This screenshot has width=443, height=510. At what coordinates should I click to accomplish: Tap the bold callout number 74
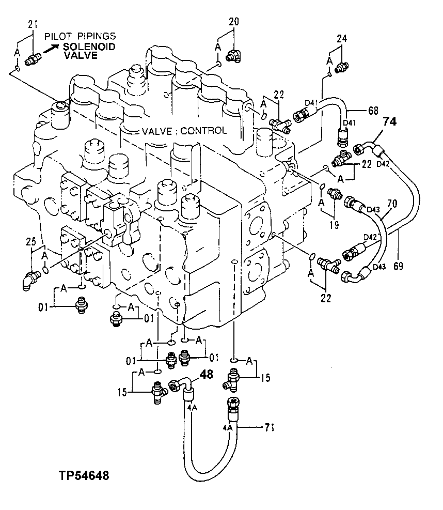point(390,122)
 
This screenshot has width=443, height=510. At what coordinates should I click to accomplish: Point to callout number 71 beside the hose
point(270,427)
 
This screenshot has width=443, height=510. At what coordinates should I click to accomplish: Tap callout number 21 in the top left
point(33,24)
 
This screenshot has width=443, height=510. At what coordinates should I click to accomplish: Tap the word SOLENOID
point(89,47)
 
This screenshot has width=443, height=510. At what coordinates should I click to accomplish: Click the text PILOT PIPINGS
point(80,36)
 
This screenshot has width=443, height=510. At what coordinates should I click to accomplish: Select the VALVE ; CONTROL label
point(184,130)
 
